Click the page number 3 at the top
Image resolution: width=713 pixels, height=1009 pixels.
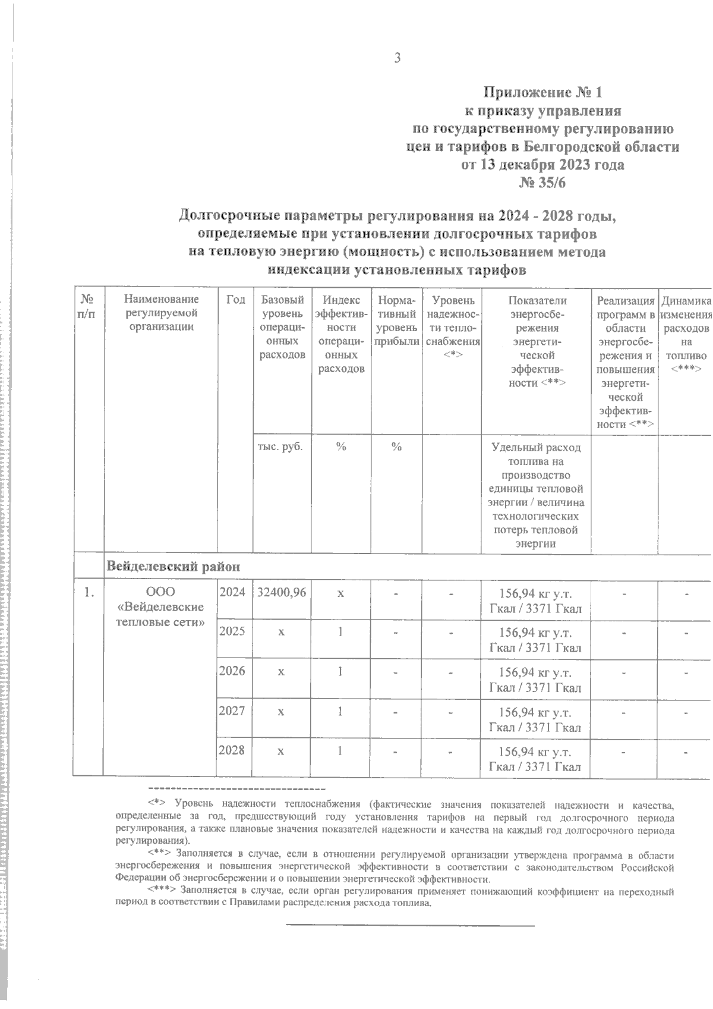click(397, 58)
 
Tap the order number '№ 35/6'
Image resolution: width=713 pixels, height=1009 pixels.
click(542, 183)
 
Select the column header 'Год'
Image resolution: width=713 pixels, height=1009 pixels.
click(236, 300)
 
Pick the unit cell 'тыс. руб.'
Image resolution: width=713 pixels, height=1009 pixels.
click(282, 447)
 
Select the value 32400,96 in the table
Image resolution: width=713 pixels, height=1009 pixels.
click(282, 592)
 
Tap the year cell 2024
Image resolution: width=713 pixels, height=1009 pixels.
click(232, 592)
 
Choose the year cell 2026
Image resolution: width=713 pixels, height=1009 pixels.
click(232, 671)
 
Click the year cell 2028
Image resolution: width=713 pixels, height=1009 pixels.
click(232, 750)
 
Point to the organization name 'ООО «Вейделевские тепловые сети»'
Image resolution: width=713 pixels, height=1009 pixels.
click(161, 607)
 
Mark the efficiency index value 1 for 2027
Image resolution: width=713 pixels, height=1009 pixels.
click(340, 711)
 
